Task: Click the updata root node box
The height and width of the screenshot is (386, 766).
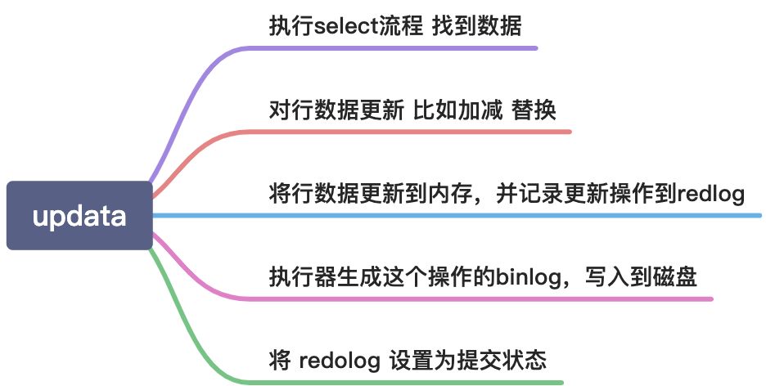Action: (x=79, y=216)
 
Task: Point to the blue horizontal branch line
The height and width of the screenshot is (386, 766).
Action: (x=450, y=216)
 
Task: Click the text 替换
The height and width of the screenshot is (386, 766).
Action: (x=535, y=110)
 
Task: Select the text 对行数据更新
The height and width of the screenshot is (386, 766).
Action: (x=336, y=110)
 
